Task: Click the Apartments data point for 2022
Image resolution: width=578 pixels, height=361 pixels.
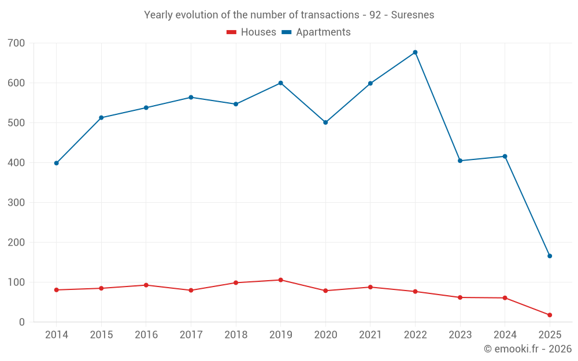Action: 415,53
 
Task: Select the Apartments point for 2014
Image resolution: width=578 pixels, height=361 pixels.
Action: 56,163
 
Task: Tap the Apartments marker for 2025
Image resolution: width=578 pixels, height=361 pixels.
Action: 550,256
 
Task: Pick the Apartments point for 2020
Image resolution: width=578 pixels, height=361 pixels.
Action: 325,122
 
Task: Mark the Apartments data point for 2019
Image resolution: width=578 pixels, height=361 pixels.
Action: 280,83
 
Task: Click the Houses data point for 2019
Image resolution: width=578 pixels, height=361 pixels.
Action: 280,280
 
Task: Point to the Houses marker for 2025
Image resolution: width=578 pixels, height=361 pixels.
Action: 550,315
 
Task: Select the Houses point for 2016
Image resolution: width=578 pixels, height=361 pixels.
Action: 146,285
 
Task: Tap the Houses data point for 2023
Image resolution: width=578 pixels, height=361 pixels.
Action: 460,297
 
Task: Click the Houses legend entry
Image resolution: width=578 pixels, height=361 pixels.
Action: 251,32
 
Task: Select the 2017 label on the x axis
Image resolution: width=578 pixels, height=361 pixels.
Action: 191,335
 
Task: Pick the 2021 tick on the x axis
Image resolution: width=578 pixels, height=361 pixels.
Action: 370,335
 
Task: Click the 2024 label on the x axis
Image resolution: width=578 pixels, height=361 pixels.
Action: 505,335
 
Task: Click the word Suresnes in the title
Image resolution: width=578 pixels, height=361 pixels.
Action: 412,15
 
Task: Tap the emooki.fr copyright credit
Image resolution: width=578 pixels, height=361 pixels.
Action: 527,349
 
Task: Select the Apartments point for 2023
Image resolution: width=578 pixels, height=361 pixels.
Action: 460,161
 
